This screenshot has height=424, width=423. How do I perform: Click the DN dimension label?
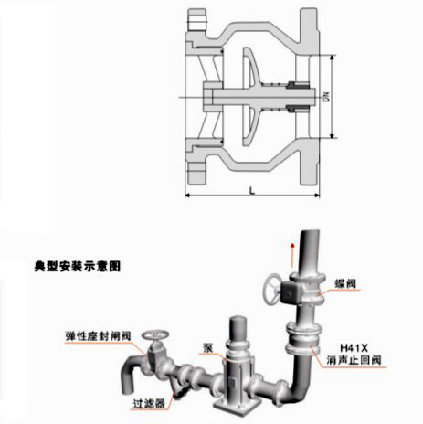(x=326, y=97)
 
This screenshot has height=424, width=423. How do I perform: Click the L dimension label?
(x=252, y=191)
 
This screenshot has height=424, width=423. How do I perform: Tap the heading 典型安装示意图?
(x=78, y=266)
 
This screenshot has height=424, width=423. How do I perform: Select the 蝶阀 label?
(x=345, y=284)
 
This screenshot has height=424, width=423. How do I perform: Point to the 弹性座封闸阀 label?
(x=98, y=336)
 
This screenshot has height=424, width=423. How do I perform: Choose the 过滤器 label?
(x=149, y=404)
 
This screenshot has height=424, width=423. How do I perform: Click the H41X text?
(x=354, y=347)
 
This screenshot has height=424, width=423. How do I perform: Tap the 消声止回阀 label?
(x=354, y=360)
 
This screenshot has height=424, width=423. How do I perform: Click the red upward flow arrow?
(x=292, y=255)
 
